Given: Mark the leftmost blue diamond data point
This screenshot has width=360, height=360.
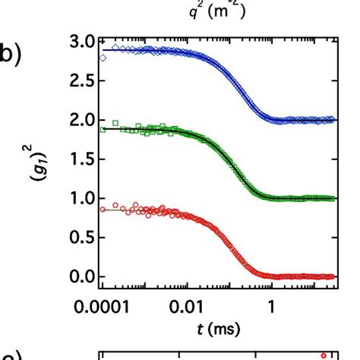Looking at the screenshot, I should [x=103, y=57].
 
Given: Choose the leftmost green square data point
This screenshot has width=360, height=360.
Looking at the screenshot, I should [x=103, y=130].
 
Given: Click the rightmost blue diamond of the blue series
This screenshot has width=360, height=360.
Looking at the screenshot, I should [x=332, y=119].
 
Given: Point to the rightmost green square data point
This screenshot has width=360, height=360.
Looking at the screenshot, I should [x=332, y=198].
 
